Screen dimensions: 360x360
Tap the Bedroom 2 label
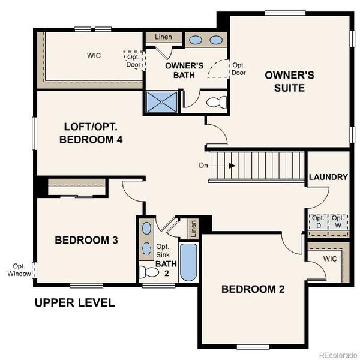[x=253, y=289]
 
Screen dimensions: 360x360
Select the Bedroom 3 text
[x=86, y=240]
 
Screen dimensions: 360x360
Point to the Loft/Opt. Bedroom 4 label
[x=95, y=133]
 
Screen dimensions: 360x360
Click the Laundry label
[x=328, y=177]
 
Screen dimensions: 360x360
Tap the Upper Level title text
[x=74, y=302]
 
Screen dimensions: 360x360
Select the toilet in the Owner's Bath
[x=214, y=103]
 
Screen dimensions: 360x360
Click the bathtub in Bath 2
[x=188, y=262]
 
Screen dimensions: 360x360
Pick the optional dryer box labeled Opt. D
[x=319, y=221]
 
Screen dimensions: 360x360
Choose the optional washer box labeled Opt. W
[x=339, y=221]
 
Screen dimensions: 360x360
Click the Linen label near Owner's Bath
[x=163, y=37]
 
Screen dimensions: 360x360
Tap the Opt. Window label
[x=18, y=270]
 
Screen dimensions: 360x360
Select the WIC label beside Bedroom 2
[x=329, y=259]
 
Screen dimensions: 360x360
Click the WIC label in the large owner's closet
[x=93, y=56]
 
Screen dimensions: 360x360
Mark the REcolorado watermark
[x=337, y=353]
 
